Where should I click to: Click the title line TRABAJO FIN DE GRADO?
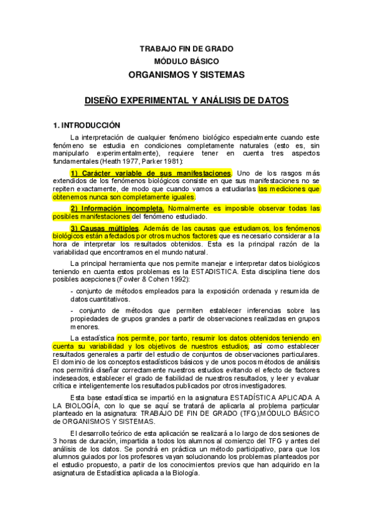pyautogui.click(x=187, y=49)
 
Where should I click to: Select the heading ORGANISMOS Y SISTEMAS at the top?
pyautogui.click(x=187, y=74)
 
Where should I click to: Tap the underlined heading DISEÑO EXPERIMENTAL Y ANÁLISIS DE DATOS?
pyautogui.click(x=186, y=100)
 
